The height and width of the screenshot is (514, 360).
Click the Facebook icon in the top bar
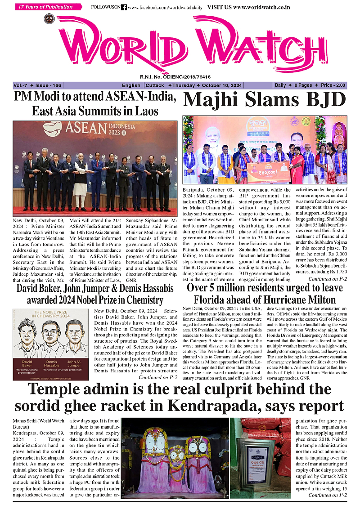124,8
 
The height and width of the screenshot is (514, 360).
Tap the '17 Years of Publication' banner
48,7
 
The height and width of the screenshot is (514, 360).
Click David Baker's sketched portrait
28,335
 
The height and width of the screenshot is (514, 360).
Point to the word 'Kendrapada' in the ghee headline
218,405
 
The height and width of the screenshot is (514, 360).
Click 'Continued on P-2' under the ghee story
327,495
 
